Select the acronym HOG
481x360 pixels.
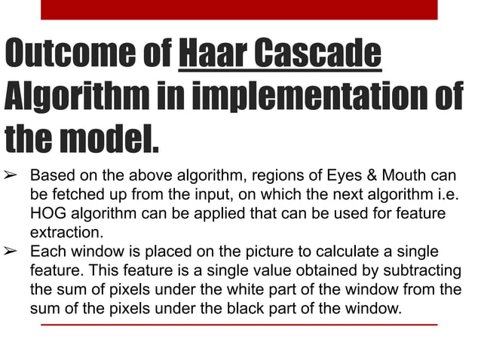47,214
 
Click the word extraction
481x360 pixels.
63,233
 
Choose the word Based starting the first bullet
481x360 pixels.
51,177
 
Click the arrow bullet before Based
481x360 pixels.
13,177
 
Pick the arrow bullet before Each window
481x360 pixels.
13,252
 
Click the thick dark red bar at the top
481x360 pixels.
239,9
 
